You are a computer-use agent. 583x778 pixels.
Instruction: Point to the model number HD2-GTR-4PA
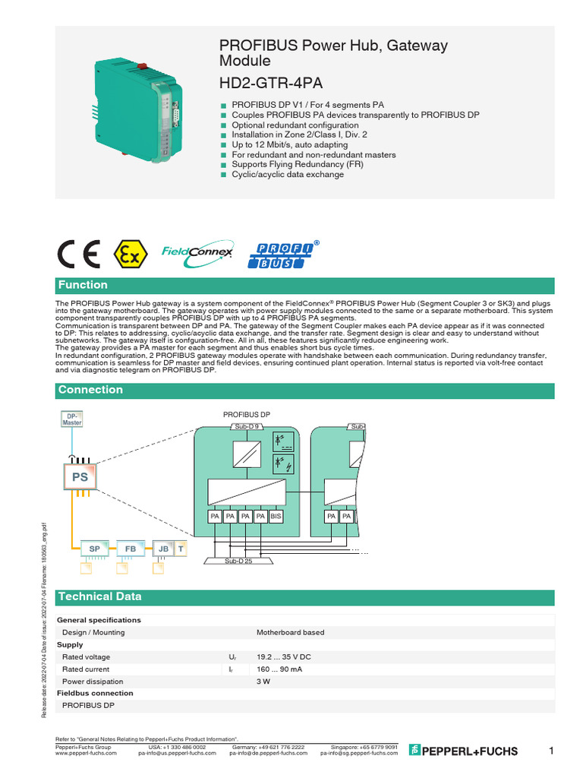coord(266,82)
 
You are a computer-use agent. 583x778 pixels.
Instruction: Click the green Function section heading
coord(84,285)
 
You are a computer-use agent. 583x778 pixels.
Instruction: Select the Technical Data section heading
coord(99,596)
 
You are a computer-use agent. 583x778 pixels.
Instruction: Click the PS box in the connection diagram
coord(80,478)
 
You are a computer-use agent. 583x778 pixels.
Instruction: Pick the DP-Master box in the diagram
coord(71,419)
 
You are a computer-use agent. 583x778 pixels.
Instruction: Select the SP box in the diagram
coord(95,548)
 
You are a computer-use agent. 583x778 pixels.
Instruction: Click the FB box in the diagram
coord(131,548)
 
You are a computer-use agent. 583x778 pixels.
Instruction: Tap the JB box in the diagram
coord(163,548)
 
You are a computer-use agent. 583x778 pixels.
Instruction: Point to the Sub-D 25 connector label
coord(238,561)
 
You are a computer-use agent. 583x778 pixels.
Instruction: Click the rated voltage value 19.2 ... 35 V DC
coord(284,656)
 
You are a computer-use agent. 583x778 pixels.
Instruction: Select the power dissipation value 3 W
coord(263,681)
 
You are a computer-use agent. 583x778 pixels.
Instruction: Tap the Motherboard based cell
coord(290,632)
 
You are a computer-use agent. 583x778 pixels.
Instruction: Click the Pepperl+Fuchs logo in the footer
coord(463,751)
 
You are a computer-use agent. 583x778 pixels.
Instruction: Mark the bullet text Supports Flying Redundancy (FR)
coord(292,164)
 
